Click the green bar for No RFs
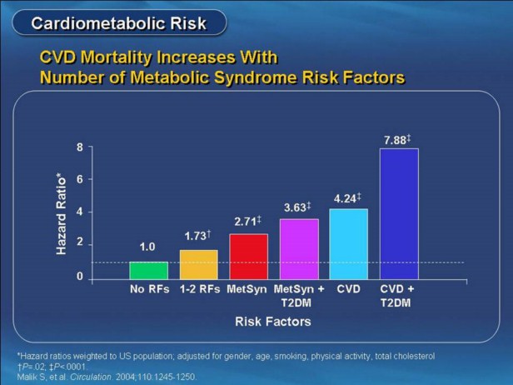148,270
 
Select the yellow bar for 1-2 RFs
198,264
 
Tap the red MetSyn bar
248,257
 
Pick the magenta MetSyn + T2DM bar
298,249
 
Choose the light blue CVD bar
348,244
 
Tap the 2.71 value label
247,223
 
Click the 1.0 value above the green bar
147,248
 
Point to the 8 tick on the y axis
80,147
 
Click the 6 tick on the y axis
80,179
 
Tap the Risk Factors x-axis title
272,321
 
